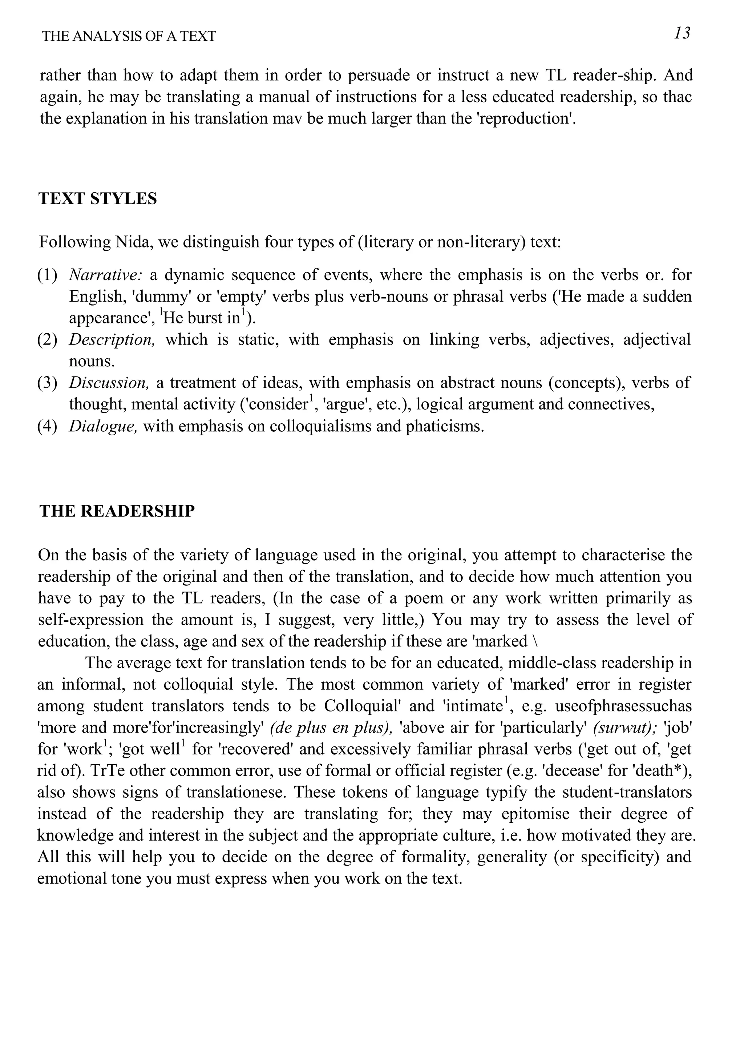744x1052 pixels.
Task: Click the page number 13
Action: [x=682, y=33]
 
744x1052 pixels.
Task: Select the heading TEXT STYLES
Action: [x=98, y=198]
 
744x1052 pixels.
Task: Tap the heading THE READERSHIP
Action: [x=117, y=511]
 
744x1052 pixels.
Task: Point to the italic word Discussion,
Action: [x=109, y=383]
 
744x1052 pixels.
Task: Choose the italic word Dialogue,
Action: [x=103, y=426]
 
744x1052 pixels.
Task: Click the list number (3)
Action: [x=47, y=383]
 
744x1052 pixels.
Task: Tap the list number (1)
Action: [x=47, y=275]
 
